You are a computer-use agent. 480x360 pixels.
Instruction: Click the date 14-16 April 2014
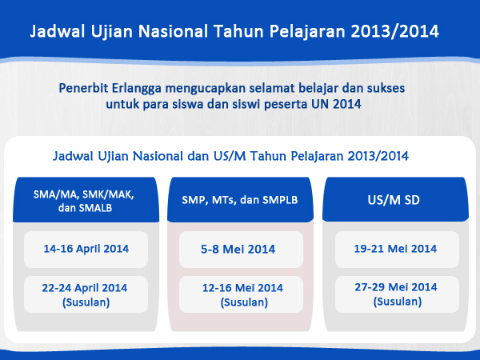86,249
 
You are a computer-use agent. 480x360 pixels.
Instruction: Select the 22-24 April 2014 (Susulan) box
86,294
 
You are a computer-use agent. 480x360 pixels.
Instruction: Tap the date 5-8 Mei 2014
238,249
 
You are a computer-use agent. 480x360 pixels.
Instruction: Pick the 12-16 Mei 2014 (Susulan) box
242,294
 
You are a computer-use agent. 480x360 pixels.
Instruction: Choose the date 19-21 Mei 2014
395,249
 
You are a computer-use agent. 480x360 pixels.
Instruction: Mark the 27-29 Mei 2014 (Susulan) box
397,294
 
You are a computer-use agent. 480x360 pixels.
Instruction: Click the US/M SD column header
395,199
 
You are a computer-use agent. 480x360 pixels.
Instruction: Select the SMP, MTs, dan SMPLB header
240,199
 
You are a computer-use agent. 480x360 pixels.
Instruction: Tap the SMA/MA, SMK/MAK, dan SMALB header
86,199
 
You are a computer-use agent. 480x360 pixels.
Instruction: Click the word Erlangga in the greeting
137,89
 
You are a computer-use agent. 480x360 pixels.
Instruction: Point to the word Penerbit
83,88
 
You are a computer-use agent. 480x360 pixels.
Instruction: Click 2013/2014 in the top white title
395,31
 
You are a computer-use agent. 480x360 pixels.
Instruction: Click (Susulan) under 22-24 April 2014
86,302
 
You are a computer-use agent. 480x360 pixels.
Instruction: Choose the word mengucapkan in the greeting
205,89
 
